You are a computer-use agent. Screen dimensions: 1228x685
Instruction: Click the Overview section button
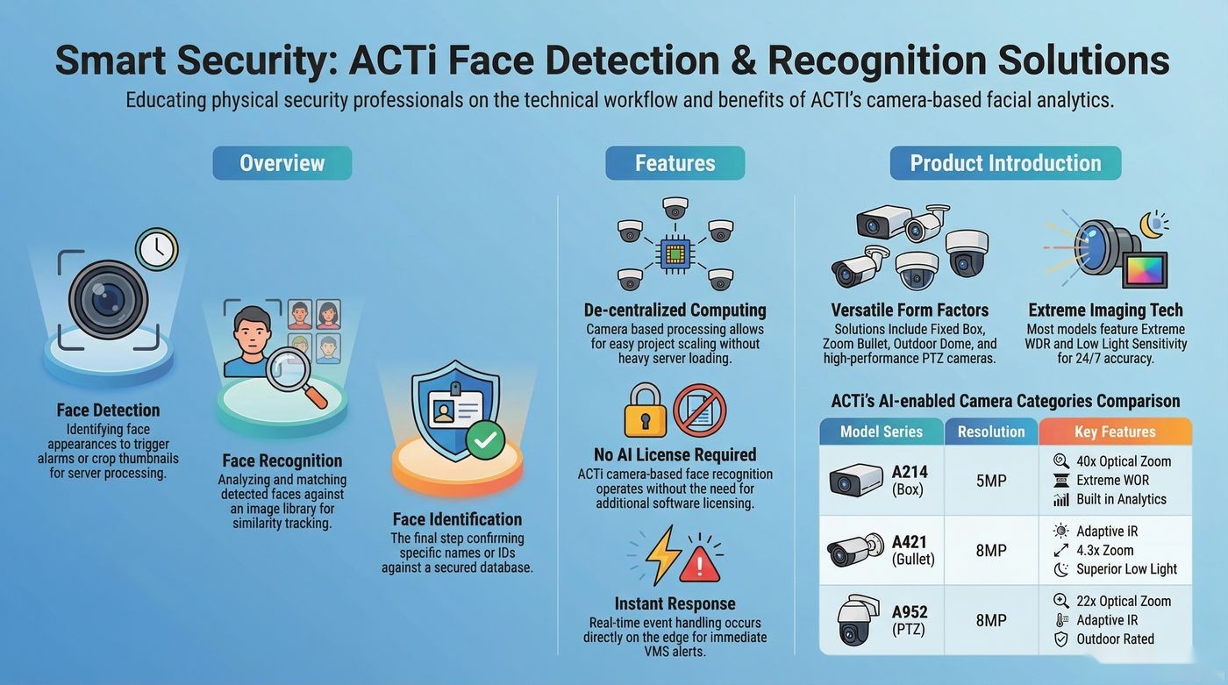[x=282, y=163]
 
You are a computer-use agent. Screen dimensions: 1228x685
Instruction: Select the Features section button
[x=675, y=163]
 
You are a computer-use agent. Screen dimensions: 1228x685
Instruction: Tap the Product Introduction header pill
[x=1005, y=163]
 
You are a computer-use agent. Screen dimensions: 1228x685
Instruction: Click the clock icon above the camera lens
[x=157, y=249]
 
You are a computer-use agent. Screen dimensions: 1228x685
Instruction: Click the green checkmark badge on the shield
[x=485, y=439]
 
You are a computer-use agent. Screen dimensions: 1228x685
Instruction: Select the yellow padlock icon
[x=646, y=410]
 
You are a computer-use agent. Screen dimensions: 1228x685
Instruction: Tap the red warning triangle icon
[x=700, y=565]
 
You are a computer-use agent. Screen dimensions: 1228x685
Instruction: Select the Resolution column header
[x=991, y=432]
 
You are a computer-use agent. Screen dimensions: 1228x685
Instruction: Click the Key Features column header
[x=1115, y=432]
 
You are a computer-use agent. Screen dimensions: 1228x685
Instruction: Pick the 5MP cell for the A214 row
[x=991, y=481]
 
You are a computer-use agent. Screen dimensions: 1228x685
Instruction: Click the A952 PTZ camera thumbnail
[x=857, y=620]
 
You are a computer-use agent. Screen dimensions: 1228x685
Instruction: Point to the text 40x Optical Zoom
[x=1124, y=460]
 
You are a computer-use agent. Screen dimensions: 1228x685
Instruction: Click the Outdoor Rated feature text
[x=1115, y=639]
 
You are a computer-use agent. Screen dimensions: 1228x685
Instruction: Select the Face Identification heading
[x=457, y=519]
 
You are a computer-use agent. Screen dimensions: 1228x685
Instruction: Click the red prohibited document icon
[x=700, y=410]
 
